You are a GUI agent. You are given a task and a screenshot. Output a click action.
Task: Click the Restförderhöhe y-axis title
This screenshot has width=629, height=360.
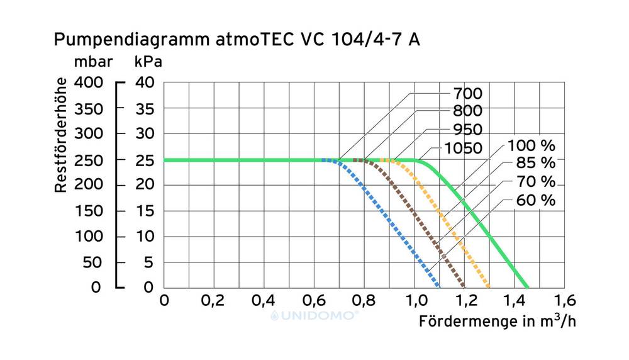click(61, 135)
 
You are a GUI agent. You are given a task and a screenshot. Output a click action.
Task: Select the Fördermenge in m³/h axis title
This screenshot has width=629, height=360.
click(497, 321)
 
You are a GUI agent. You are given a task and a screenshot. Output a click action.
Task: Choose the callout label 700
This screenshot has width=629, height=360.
click(467, 94)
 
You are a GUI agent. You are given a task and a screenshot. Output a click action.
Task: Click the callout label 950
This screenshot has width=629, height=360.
click(467, 130)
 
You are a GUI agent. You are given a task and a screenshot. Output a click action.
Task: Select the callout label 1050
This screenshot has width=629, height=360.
click(462, 149)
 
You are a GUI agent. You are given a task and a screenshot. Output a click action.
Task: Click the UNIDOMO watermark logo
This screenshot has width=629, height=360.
click(314, 315)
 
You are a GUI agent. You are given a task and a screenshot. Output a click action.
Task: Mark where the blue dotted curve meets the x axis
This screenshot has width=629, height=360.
click(438, 286)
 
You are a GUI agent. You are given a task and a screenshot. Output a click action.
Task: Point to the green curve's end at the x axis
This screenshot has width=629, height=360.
click(527, 286)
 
